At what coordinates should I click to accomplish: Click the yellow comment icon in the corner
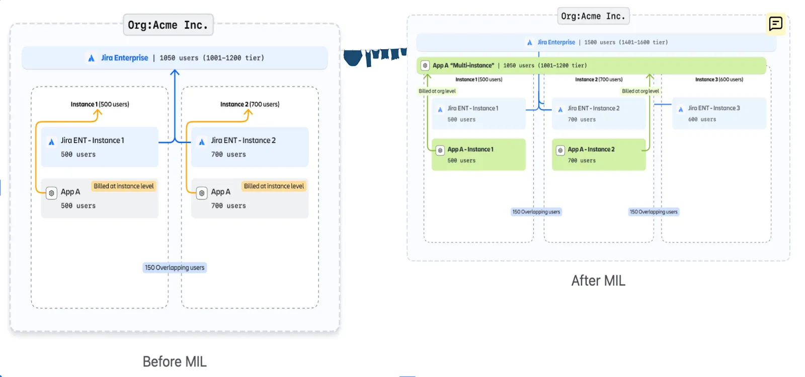coord(775,24)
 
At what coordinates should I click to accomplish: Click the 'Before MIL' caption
coord(175,361)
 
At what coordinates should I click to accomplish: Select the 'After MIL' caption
coord(598,280)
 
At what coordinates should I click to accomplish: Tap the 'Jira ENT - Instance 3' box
coord(719,113)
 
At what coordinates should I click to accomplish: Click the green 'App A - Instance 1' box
coord(478,155)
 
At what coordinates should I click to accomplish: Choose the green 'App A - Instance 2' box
coord(599,155)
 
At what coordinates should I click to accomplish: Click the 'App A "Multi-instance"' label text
coord(463,65)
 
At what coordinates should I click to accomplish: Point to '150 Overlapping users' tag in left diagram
coord(175,267)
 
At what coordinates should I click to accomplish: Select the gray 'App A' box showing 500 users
coord(100,198)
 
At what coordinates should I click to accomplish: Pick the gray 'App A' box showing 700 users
coord(250,198)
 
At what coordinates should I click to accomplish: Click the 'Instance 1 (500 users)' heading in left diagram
coord(100,104)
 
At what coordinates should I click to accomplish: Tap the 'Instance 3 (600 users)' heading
coord(719,80)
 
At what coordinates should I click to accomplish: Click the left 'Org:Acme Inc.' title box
coord(168,25)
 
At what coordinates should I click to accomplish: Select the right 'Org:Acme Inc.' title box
coord(593,16)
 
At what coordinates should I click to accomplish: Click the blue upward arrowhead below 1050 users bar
coord(175,73)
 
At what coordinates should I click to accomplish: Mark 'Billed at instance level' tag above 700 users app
coord(274,186)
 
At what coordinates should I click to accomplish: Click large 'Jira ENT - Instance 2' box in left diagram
coord(250,146)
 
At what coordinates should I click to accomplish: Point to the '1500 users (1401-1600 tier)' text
coord(626,42)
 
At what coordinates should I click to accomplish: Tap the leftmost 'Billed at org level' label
coord(437,91)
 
